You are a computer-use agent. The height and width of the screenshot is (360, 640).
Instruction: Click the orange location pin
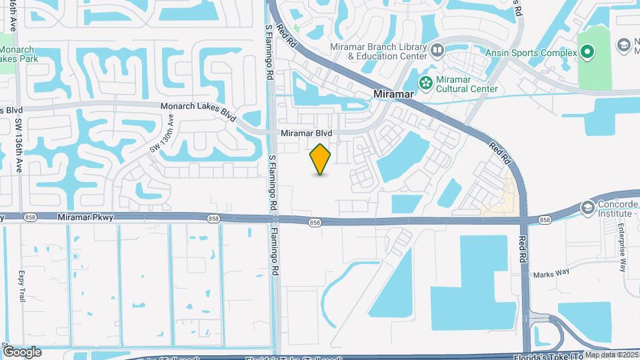(321, 159)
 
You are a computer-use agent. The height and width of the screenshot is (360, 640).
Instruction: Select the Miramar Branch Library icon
(437, 50)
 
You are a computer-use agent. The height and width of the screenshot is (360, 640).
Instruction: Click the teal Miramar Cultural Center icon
(425, 82)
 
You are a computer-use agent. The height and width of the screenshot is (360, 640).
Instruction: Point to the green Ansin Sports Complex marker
(587, 51)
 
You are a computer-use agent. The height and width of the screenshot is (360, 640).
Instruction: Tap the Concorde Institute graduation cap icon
(587, 207)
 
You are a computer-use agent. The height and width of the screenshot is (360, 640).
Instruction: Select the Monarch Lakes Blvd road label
(199, 110)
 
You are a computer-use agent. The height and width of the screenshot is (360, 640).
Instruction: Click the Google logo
(22, 352)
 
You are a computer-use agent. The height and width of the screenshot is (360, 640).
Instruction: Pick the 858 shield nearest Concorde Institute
(545, 220)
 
